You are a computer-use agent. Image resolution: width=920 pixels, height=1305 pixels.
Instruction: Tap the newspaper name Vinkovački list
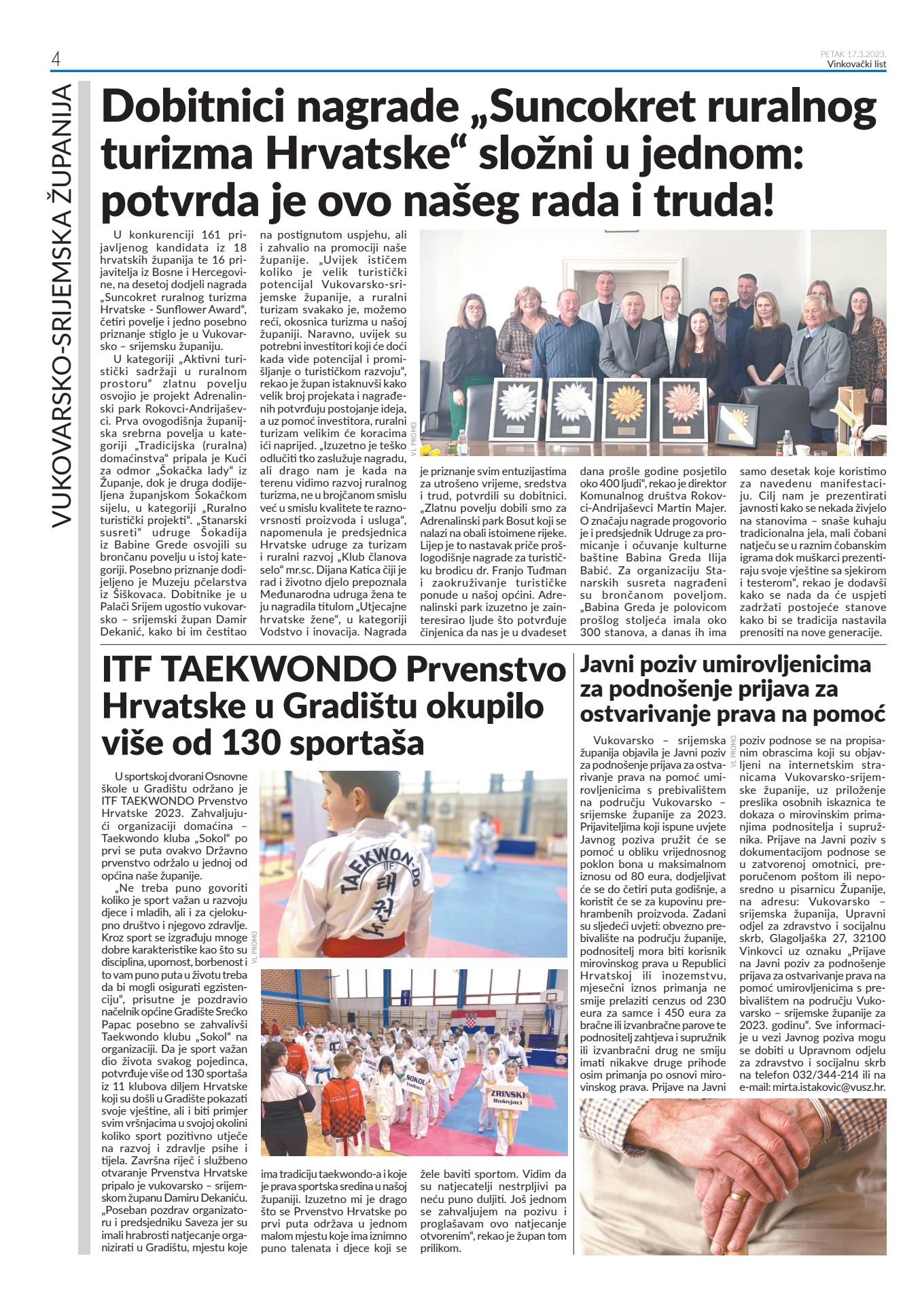(856, 64)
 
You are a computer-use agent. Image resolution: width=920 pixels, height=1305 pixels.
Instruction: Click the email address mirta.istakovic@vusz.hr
(813, 1087)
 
